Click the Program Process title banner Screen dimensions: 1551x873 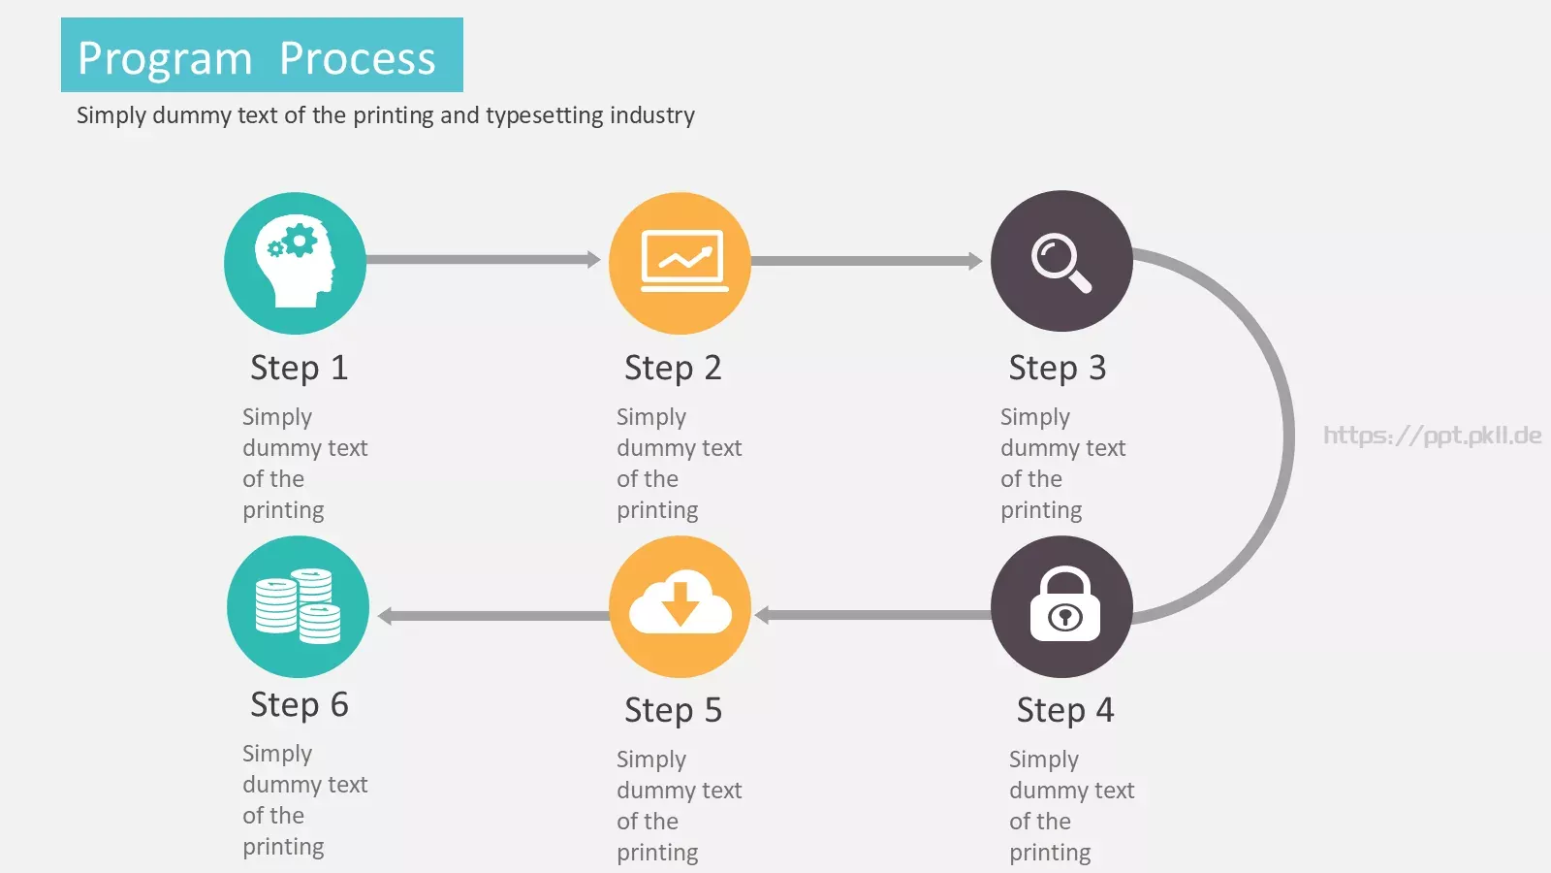pos(262,54)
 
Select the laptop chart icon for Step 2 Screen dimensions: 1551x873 pos(683,261)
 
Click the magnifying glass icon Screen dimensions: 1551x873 pos(1061,263)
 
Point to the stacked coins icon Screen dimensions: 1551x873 pos(298,605)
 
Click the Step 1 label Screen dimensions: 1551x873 pos(299,368)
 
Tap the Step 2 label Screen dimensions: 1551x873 pos(673,368)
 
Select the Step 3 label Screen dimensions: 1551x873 pos(1058,368)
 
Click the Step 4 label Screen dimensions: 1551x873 pos(1065,709)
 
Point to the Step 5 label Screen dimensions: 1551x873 pos(673,709)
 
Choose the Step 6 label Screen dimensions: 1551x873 pos(300,704)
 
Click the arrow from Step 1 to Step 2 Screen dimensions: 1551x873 pos(484,260)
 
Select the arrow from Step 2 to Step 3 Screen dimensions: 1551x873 pos(867,261)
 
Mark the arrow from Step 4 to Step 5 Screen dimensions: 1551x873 pos(873,615)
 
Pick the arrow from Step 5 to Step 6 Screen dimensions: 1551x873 pos(493,616)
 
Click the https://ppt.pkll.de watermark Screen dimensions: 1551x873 pos(1432,436)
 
